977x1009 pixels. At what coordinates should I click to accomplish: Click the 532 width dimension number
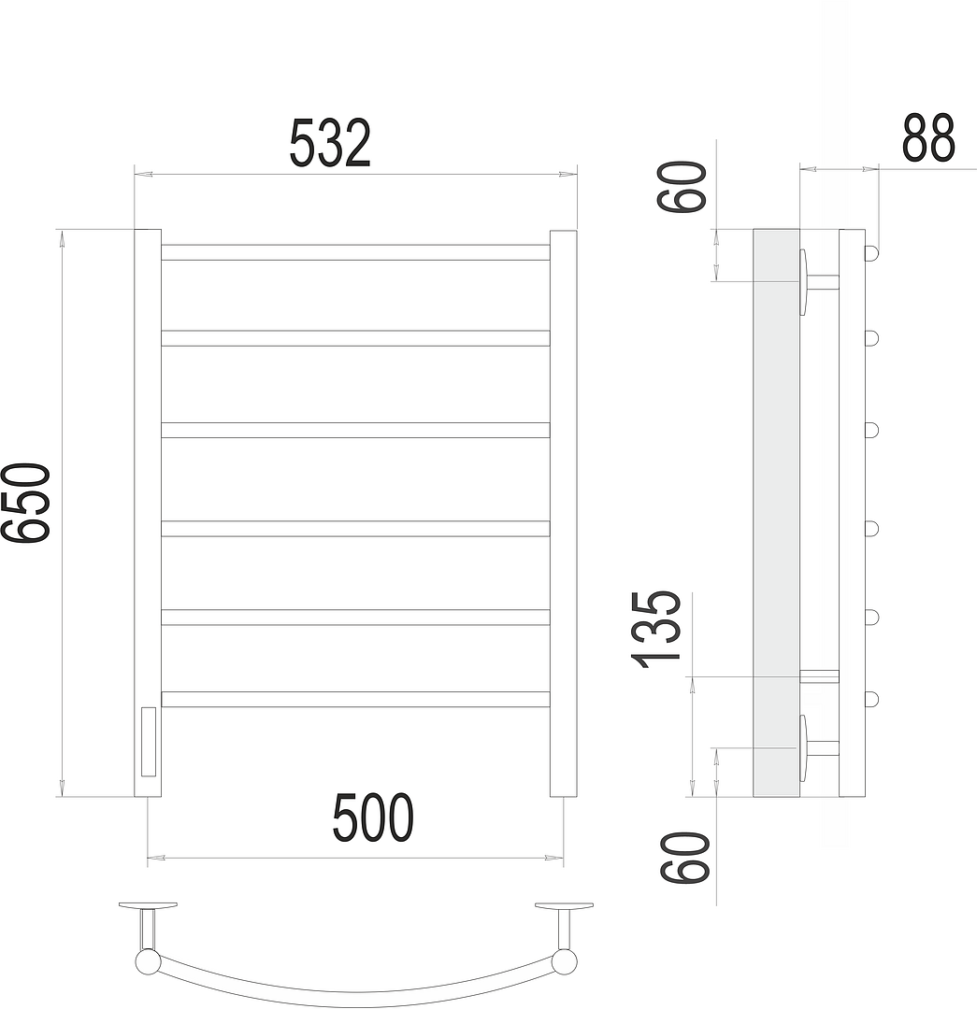coord(330,143)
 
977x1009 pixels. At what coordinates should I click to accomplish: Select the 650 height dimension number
coord(26,503)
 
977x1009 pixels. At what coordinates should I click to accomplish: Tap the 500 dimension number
coord(373,817)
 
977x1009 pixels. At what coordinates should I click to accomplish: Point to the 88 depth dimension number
coord(928,138)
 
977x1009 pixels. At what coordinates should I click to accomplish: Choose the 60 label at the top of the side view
coord(682,187)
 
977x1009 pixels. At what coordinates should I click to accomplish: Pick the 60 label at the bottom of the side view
coord(684,858)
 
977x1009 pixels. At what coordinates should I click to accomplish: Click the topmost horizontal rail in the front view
coord(355,252)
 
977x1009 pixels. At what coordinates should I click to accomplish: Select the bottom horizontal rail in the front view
coord(355,700)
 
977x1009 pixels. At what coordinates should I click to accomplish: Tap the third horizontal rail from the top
coord(355,430)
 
